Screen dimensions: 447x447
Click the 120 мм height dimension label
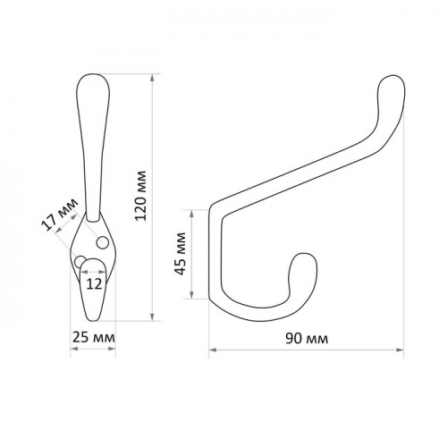tap(140, 196)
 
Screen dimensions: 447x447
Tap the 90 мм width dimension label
tap(307, 339)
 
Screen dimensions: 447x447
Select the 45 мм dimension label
tap(181, 254)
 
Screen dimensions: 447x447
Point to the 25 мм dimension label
tap(93, 338)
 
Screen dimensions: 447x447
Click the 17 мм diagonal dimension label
tap(59, 214)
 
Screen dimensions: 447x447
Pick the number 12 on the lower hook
tap(94, 284)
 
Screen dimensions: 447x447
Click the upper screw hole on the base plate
tap(102, 242)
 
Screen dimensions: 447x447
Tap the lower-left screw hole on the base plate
tap(80, 262)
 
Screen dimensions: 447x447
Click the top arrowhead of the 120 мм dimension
tap(152, 78)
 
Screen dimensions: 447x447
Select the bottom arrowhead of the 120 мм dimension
tap(152, 316)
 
